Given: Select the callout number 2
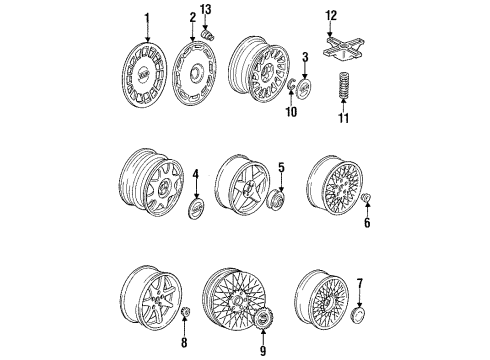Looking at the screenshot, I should point(192,18).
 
